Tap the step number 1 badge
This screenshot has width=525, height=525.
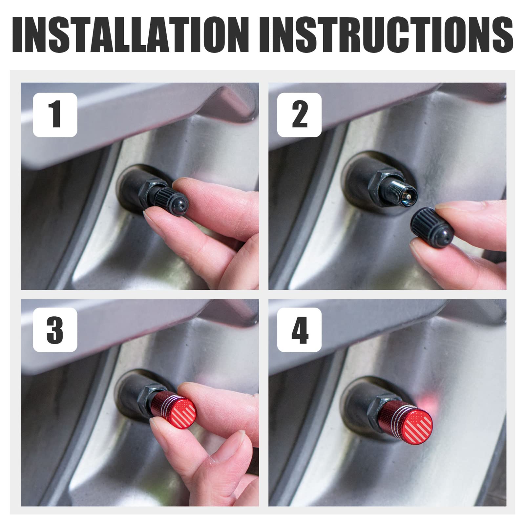point(55,115)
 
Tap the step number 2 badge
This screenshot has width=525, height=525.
point(299,115)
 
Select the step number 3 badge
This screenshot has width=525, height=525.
point(55,329)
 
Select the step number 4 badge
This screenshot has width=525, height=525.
point(299,329)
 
